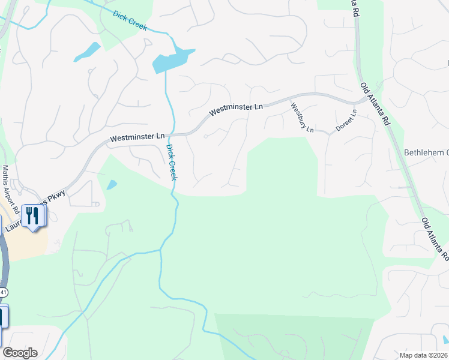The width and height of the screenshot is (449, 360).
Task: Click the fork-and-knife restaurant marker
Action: coord(32,216)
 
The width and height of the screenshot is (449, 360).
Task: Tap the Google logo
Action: coord(20,353)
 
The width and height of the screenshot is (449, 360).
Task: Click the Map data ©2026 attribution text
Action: coord(423,355)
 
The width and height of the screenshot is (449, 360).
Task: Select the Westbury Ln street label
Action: coord(302,118)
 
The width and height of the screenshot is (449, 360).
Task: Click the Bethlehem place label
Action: coord(426,152)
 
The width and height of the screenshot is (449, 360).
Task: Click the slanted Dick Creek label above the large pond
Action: coord(129,20)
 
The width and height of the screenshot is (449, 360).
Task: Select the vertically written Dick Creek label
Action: coord(172,162)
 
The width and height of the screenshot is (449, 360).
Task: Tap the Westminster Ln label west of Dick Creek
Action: coord(137,138)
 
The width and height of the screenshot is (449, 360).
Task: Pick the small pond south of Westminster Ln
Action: coord(112,185)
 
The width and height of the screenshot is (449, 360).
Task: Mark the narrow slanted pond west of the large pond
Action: coord(87,52)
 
